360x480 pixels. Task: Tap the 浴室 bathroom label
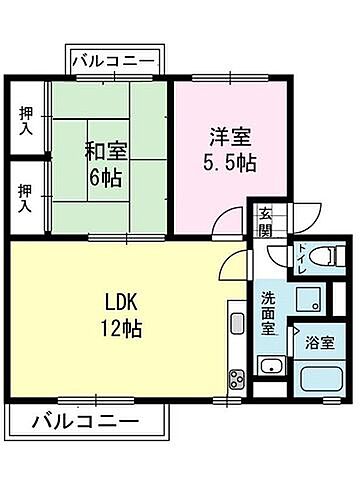tap(321, 342)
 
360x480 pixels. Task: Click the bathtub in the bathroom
tap(320, 381)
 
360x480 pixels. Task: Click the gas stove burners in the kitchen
tap(237, 378)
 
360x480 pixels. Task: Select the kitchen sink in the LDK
tap(238, 324)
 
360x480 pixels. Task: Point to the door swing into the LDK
tap(232, 264)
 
